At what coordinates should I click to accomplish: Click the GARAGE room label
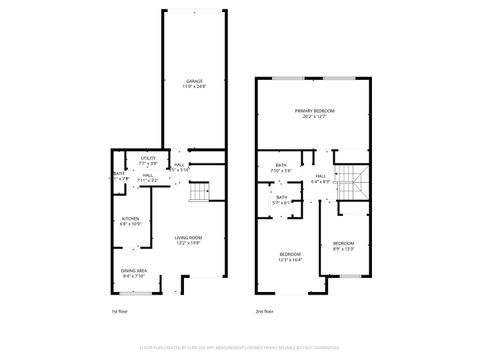(194, 81)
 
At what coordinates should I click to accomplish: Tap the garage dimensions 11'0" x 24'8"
(194, 87)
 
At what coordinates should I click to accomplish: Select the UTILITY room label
(148, 158)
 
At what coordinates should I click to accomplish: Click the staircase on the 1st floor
(201, 191)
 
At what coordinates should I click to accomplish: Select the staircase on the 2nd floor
(349, 181)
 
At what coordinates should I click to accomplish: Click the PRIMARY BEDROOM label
(314, 110)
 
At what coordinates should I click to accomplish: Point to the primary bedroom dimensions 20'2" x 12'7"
(314, 117)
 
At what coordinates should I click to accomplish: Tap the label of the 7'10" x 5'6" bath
(280, 165)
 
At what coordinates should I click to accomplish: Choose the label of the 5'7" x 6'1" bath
(282, 197)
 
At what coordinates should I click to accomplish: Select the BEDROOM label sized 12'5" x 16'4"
(289, 254)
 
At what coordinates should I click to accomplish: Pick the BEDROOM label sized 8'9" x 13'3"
(343, 243)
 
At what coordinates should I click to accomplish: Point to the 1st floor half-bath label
(119, 174)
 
